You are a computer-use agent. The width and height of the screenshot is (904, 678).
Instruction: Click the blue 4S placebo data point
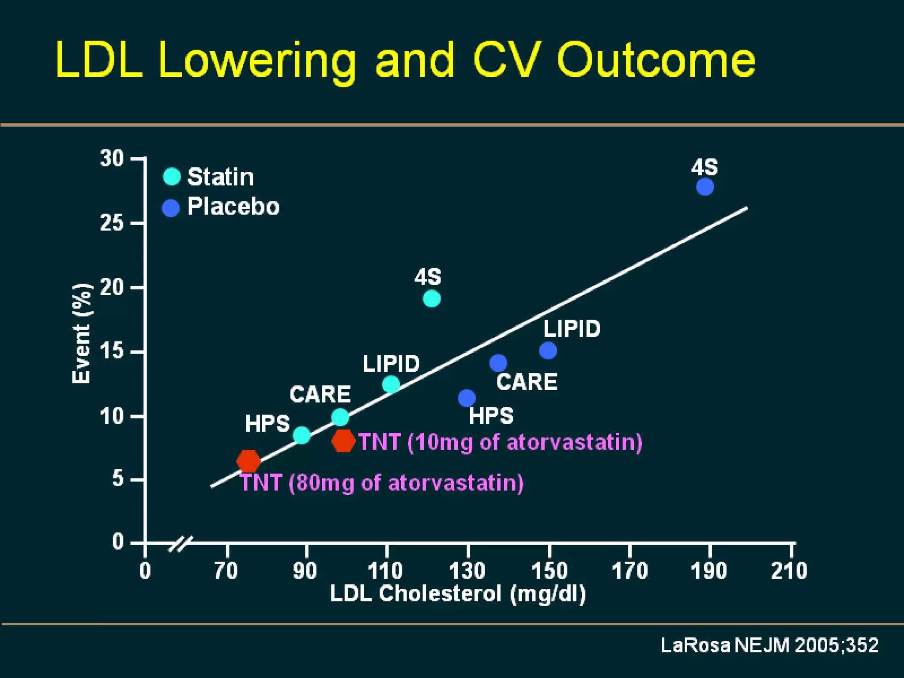coord(705,187)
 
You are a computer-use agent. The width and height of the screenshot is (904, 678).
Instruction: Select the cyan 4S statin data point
coord(431,299)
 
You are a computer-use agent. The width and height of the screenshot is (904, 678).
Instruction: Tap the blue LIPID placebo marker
coord(548,351)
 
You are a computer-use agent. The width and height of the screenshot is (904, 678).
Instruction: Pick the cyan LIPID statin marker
coord(391,384)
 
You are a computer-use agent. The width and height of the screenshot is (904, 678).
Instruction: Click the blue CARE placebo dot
coord(498,363)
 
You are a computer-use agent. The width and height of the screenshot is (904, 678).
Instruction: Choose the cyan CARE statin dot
coord(340,417)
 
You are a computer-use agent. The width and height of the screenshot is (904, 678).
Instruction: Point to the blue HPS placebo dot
coord(467,398)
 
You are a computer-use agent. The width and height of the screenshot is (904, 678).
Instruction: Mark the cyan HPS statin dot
coord(301,435)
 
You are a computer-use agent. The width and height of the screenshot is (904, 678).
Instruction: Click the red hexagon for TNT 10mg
coord(343,441)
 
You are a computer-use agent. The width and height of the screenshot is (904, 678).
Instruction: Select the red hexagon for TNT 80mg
coord(249,461)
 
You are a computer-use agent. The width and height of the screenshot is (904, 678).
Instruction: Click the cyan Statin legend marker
coord(172,177)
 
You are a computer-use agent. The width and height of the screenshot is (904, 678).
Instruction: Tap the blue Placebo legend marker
coord(171,207)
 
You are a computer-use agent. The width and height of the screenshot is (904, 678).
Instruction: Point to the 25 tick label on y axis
coord(112,223)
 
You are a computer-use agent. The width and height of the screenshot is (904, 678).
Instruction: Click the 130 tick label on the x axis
coord(467,571)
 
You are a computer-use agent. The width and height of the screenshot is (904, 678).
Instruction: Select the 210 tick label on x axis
coord(789,571)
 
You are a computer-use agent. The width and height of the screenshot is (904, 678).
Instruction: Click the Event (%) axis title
coord(82,333)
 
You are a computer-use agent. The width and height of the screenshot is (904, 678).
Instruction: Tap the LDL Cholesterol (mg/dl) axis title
coord(458,594)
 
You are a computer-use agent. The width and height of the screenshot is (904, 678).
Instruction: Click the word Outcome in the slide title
coord(656,60)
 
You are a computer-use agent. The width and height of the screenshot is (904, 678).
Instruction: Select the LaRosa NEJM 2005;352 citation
coord(769,645)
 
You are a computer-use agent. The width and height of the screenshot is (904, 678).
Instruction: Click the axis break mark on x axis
coord(181,544)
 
